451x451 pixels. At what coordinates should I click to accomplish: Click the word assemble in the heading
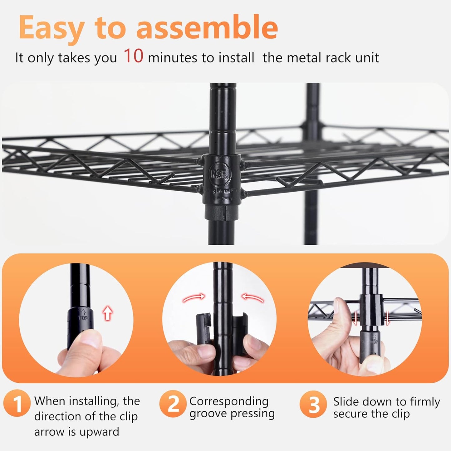click(207, 27)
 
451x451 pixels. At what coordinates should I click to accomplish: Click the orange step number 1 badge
click(17, 404)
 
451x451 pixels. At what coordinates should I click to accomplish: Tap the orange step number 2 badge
click(173, 404)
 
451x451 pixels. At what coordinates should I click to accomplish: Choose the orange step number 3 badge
click(314, 404)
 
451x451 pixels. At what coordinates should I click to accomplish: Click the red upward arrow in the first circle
click(108, 313)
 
